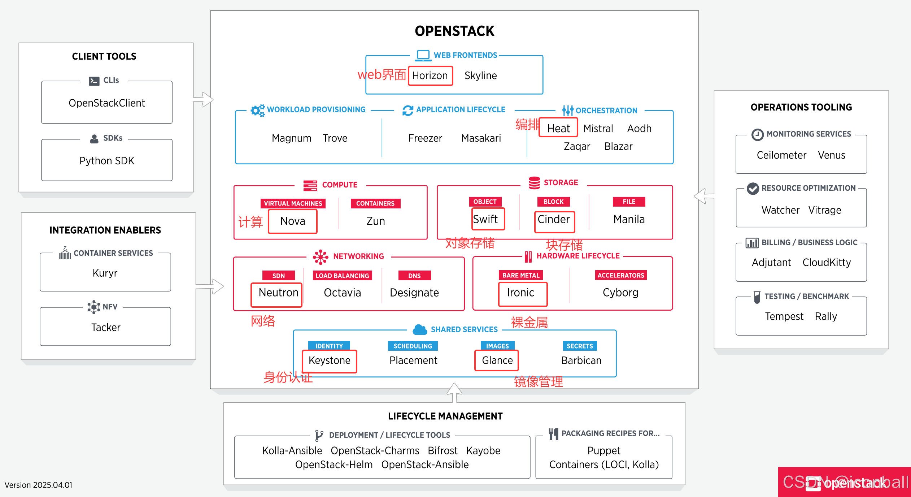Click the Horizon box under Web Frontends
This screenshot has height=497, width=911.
coord(430,76)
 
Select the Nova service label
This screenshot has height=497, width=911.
coord(293,221)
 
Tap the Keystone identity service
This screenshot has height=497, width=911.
coord(330,360)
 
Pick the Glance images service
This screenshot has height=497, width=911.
coord(497,360)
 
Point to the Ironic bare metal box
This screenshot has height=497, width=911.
coord(522,293)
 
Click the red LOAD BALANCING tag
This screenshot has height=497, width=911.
coord(342,276)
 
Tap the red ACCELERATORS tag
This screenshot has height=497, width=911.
coord(620,275)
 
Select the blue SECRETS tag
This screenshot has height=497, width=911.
coord(580,346)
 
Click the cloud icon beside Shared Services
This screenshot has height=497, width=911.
coord(419,329)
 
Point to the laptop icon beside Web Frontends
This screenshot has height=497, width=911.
coord(423,55)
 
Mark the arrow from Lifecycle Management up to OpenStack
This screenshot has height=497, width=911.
coord(454,392)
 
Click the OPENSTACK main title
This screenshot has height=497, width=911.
coord(454,31)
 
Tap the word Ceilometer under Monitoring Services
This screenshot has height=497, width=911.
coord(781,155)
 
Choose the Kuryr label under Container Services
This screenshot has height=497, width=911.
coord(105,273)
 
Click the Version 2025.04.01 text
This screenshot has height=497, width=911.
coord(39,485)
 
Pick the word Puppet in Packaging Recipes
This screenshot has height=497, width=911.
coord(604,450)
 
